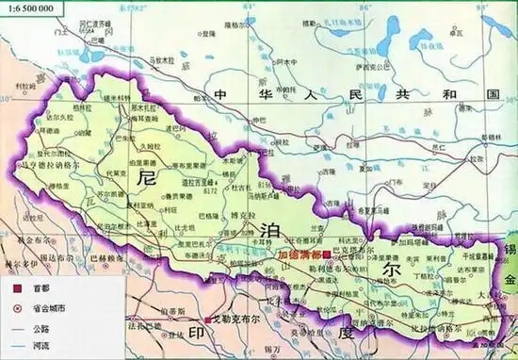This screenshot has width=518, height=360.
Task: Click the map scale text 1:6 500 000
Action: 30,8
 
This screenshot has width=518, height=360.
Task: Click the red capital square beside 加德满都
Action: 326,254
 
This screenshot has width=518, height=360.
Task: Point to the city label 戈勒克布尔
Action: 237,319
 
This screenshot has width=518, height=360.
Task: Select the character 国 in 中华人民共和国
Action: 490,96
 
